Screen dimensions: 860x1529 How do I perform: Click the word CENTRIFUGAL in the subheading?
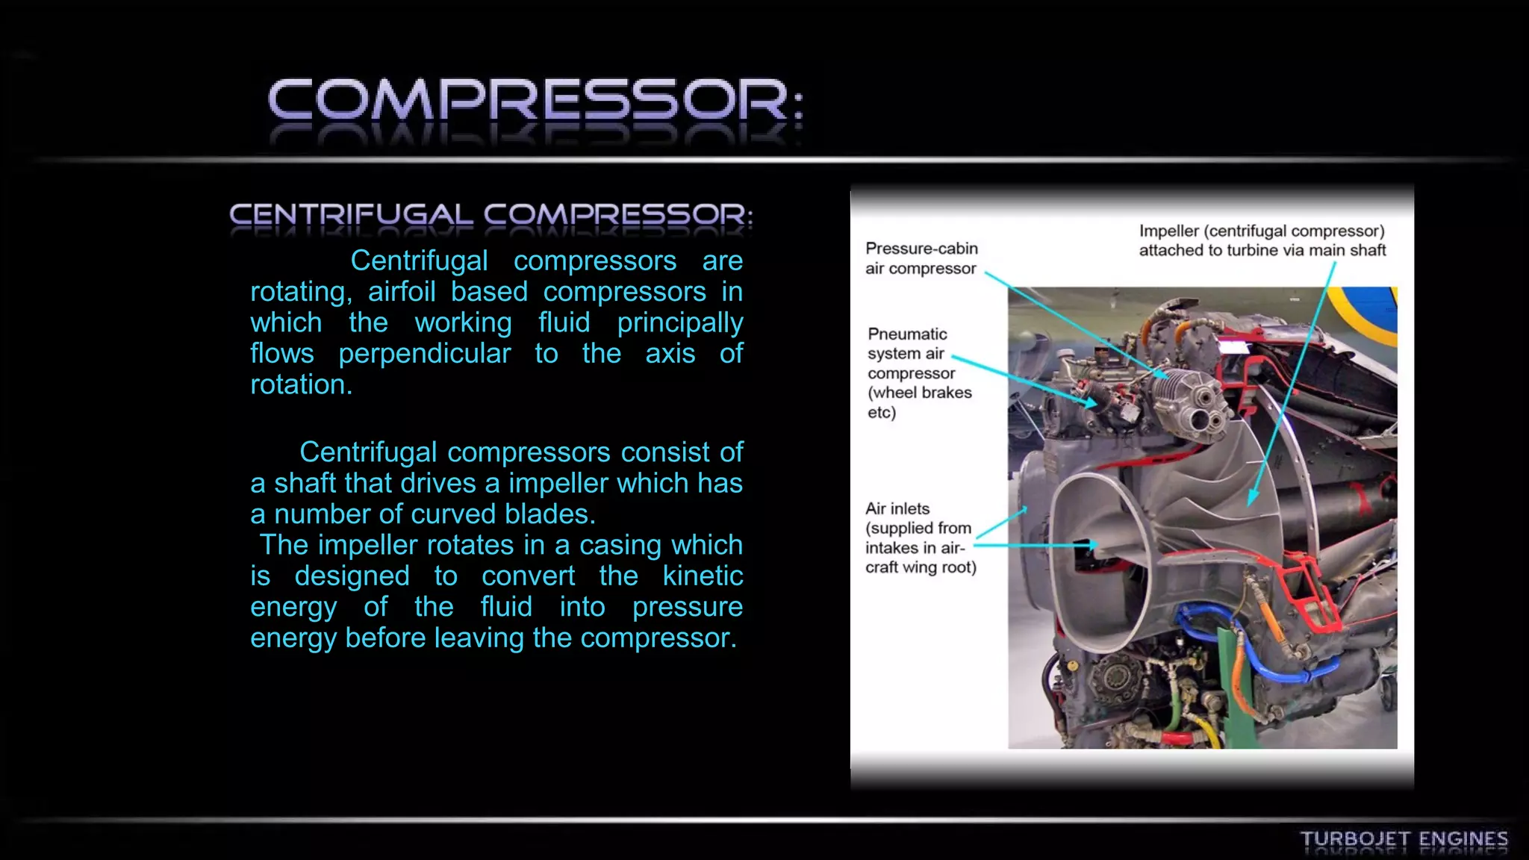[351, 215]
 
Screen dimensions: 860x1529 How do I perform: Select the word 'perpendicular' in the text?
[424, 354]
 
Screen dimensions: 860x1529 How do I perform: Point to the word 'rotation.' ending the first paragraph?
[301, 384]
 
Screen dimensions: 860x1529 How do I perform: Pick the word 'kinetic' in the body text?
[703, 576]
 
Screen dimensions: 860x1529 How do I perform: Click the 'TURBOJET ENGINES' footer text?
[1404, 839]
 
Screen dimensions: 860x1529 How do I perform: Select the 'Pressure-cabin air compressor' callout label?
[921, 258]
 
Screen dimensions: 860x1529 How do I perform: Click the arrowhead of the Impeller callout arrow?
[1252, 501]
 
